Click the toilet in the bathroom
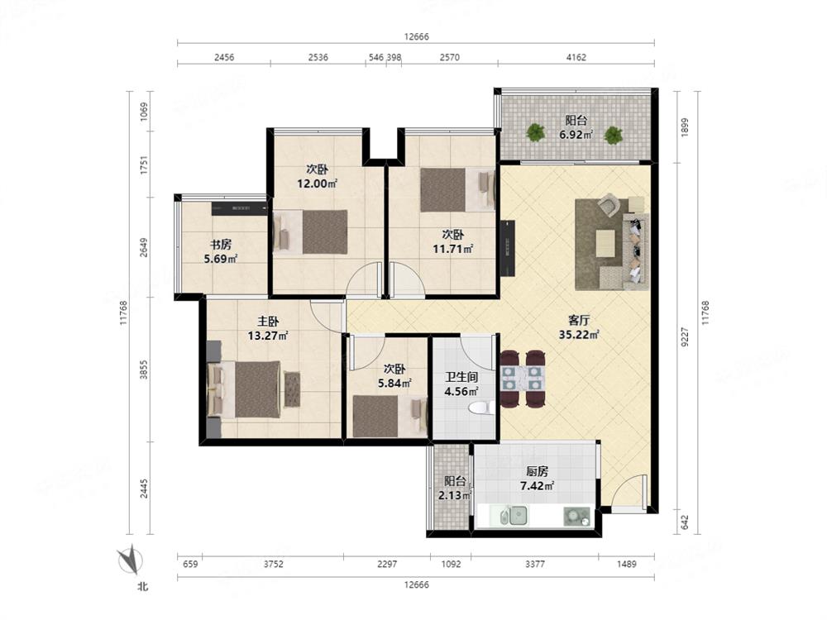[x=481, y=408]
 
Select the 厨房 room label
[x=537, y=471]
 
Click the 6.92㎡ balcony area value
[x=576, y=135]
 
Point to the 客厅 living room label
[x=579, y=320]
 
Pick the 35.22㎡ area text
[x=579, y=334]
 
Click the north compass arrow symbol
[x=130, y=561]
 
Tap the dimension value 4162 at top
[x=576, y=58]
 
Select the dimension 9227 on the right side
[x=685, y=337]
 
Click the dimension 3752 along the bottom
[x=273, y=564]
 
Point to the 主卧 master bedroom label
[x=268, y=321]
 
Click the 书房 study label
[x=221, y=245]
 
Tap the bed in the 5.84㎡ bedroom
[x=390, y=416]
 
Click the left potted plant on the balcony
[x=536, y=132]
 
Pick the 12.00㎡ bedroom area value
[x=317, y=184]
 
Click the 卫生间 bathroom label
[x=461, y=377]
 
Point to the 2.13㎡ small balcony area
[x=455, y=495]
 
